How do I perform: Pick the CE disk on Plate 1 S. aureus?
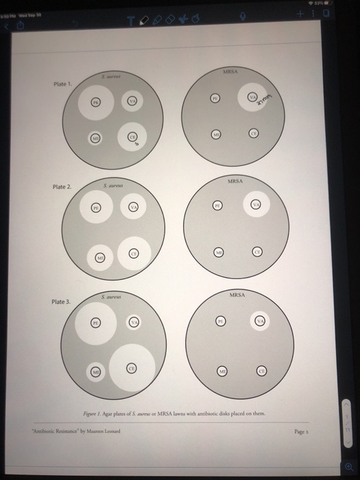point(133,137)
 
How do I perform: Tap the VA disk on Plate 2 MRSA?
point(256,204)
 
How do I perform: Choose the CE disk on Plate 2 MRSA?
point(258,252)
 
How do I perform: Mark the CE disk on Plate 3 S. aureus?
point(131,369)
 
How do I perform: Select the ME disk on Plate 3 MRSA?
point(222,370)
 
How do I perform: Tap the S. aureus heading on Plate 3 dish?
point(111,296)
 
